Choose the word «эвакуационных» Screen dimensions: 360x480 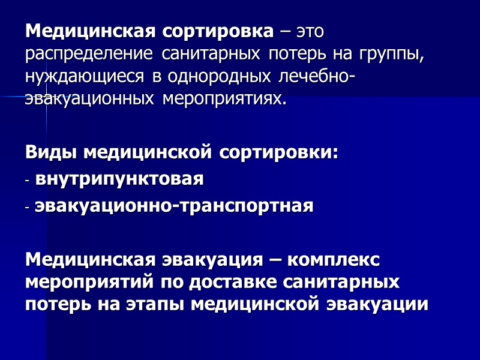point(91,100)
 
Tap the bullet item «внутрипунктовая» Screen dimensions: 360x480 point(120,179)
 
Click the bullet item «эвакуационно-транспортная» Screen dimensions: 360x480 point(175,206)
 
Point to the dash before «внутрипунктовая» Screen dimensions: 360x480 point(28,180)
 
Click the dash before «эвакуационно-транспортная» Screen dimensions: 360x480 point(28,207)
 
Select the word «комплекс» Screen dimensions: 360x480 point(334,260)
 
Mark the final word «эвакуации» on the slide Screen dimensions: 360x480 point(377,304)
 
